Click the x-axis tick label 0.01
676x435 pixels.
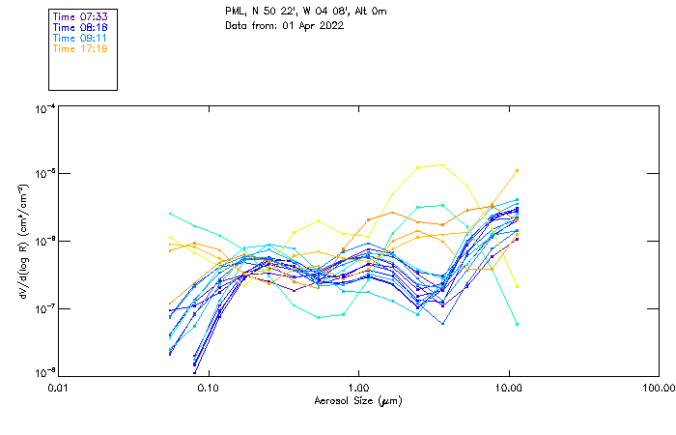(x=58, y=389)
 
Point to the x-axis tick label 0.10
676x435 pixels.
(x=208, y=389)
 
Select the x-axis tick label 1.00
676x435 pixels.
(x=358, y=389)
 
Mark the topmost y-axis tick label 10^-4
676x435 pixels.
(x=44, y=109)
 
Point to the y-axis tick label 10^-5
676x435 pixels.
(x=44, y=174)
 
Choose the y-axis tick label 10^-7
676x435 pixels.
(x=44, y=308)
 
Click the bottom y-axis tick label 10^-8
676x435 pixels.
(x=44, y=373)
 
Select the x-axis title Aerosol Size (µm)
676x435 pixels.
(x=357, y=400)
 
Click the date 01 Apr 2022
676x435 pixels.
(x=313, y=25)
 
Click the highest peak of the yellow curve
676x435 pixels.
(x=442, y=164)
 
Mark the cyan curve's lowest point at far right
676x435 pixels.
(x=517, y=325)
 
